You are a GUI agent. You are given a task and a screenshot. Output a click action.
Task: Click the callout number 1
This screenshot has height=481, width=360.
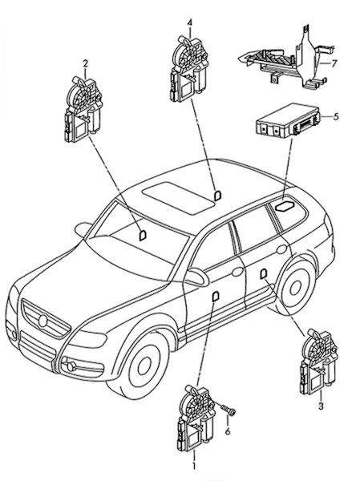point(194,466)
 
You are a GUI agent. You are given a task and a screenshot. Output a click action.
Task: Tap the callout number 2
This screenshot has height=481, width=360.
point(86,63)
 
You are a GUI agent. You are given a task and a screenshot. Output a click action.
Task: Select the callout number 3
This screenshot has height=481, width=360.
point(321,406)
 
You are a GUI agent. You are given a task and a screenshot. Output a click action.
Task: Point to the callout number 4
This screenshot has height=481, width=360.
point(190,22)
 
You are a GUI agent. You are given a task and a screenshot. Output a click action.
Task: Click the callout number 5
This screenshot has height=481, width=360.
point(336,116)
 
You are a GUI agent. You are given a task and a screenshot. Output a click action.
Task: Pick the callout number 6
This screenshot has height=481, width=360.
point(228,431)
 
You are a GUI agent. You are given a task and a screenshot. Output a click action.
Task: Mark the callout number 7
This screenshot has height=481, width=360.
point(334,63)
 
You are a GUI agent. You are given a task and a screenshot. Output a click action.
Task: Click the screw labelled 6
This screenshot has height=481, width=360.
point(229,410)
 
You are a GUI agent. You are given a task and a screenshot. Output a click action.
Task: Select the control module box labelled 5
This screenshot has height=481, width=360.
point(288,120)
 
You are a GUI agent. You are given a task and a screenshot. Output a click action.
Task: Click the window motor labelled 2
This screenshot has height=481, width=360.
point(83,110)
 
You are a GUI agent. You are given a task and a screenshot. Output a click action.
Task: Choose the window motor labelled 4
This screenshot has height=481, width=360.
point(188,69)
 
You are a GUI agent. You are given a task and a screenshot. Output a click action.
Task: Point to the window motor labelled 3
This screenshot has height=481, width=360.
point(318,362)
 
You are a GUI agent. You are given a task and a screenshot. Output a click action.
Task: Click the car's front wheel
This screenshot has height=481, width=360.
point(140,367)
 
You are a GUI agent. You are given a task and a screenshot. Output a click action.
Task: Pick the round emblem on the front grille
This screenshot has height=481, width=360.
point(43,321)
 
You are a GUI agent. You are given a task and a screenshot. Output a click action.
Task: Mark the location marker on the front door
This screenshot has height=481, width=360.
point(216,297)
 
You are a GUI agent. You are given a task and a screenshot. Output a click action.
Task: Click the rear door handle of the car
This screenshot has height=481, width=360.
point(281,249)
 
